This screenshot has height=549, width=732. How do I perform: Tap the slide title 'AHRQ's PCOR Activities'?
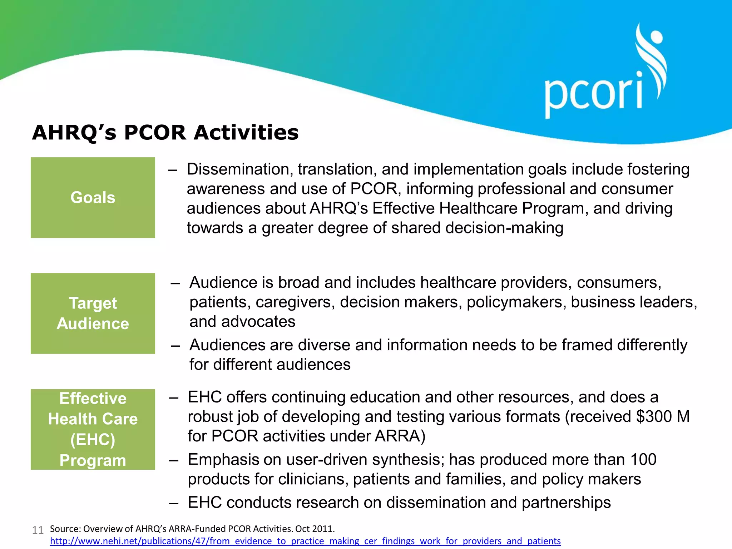click(x=165, y=133)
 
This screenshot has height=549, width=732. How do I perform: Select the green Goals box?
click(x=93, y=198)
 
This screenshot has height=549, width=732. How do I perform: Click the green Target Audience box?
click(x=93, y=313)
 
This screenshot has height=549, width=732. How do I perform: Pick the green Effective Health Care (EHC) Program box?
click(x=93, y=429)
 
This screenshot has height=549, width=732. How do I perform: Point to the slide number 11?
click(x=38, y=530)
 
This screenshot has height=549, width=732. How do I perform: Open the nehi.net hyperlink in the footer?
click(x=305, y=541)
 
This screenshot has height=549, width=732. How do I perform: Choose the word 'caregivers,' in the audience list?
click(x=295, y=302)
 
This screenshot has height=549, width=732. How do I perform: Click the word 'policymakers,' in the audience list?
click(x=516, y=302)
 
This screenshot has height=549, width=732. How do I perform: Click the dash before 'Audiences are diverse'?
click(x=175, y=346)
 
